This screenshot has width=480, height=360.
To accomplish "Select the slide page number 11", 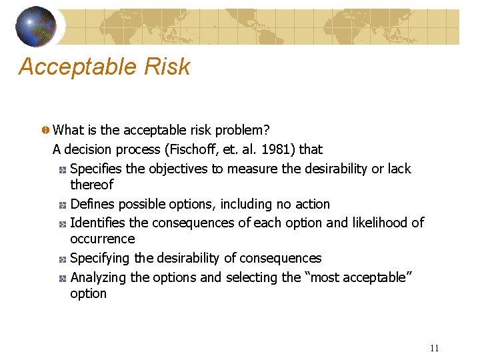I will click(434, 348).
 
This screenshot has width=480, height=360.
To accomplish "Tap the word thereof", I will click(92, 185).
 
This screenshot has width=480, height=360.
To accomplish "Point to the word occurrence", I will click(102, 239).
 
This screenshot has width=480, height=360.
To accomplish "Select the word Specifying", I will click(100, 258).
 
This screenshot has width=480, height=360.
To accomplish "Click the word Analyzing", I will click(99, 277).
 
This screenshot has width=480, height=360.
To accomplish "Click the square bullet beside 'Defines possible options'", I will click(62, 205).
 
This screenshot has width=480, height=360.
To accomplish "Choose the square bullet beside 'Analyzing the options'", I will click(62, 278).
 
